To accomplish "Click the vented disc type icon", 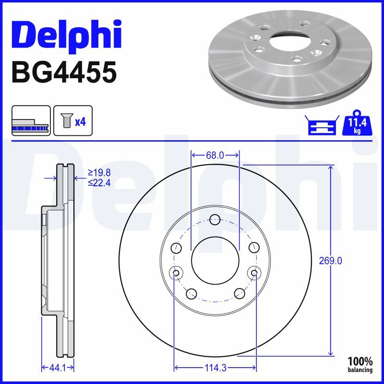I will [31, 120].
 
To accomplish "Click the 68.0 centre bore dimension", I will [215, 155].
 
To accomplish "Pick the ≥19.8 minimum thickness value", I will [99, 172].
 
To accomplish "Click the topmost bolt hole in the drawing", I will [215, 220].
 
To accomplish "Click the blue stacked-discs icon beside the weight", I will [320, 125].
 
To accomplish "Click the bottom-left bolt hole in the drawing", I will [192, 293].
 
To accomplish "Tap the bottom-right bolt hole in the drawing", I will [239, 293].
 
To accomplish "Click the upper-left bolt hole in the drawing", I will [176, 248].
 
